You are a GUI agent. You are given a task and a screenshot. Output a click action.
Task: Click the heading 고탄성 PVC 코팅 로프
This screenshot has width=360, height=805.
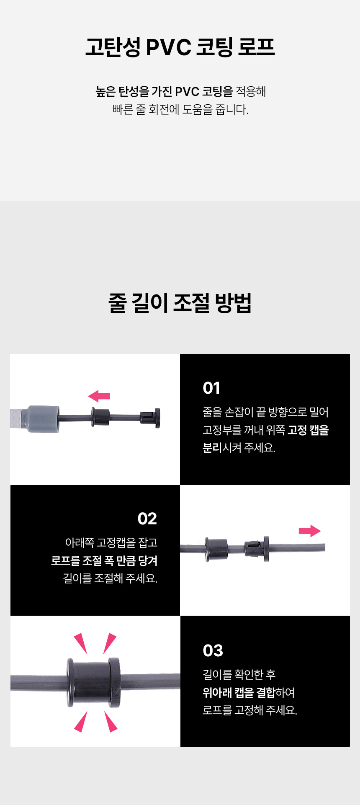180,47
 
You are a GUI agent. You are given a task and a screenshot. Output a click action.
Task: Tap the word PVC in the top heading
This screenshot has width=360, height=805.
169,47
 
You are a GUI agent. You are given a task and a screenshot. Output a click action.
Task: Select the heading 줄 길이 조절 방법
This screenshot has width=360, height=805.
180,302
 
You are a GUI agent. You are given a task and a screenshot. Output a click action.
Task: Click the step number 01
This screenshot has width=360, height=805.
211,388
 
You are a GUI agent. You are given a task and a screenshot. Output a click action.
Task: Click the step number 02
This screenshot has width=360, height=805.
147,519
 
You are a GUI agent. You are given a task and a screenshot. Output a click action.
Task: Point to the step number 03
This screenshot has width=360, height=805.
213,650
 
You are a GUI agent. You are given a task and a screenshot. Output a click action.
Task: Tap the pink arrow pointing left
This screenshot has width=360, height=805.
99,396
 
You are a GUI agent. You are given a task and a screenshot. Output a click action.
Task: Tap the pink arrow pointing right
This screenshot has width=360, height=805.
310,531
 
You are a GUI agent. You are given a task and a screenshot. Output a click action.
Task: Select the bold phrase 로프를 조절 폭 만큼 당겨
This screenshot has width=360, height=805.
104,560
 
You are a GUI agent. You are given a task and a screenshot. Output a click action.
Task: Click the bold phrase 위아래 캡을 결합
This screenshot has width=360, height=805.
239,692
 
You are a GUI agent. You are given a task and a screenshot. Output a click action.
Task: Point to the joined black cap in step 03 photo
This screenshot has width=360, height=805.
93,683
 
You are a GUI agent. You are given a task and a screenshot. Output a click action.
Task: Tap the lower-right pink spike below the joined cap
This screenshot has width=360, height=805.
111,722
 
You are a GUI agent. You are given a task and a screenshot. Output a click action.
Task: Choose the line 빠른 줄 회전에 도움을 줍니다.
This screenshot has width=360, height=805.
180,110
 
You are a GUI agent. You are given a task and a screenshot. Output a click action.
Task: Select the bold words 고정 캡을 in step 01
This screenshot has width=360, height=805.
308,430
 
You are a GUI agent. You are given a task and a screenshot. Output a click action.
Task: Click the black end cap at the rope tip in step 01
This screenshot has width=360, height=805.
150,418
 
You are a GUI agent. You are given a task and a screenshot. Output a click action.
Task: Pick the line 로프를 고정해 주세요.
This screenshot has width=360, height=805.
250,710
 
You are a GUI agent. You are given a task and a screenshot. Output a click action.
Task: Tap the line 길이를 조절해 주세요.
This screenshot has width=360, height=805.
110,578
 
